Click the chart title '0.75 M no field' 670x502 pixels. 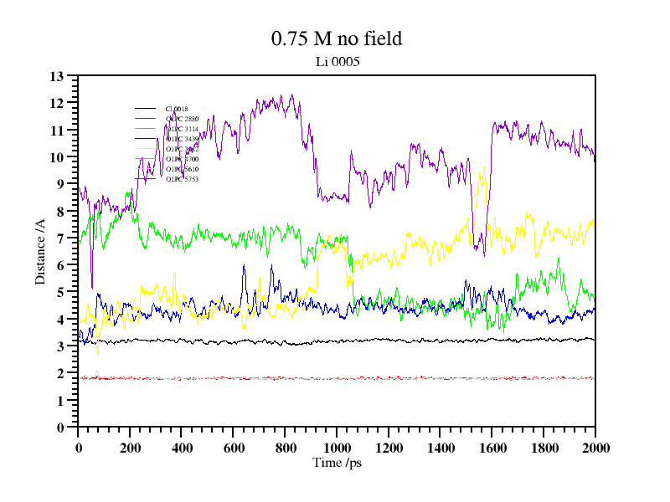pos(337,38)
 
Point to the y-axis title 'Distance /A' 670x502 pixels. pos(40,251)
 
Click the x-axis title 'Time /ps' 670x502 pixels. pos(337,462)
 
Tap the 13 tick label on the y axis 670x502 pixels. pos(57,76)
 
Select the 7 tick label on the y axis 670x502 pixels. pos(60,238)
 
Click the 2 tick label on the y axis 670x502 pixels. pos(60,373)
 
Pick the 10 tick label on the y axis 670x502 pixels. pos(57,157)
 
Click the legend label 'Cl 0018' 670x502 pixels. pos(177,109)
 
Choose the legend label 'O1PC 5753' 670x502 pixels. pos(182,179)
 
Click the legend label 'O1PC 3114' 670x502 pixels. pos(182,129)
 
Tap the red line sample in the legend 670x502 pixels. pos(146,119)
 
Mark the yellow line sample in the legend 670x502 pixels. pos(146,149)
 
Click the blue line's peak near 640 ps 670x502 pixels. pos(244,266)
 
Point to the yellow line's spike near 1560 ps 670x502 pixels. pos(482,170)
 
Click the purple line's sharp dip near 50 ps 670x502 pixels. pos(91,287)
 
